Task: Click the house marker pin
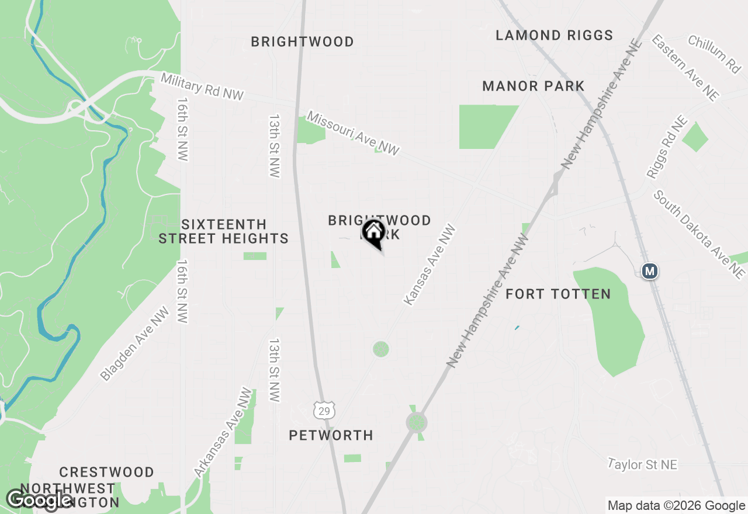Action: pyautogui.click(x=374, y=234)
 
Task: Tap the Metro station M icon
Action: pyautogui.click(x=649, y=271)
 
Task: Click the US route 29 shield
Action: pyautogui.click(x=324, y=410)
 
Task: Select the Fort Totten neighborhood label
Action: pyautogui.click(x=558, y=294)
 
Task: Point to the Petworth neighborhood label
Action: pyautogui.click(x=331, y=435)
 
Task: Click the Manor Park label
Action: pyautogui.click(x=533, y=86)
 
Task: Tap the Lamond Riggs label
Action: pyautogui.click(x=554, y=36)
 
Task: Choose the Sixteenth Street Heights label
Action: pyautogui.click(x=224, y=231)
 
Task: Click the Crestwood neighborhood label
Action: pyautogui.click(x=106, y=472)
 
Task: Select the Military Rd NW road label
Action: pyautogui.click(x=202, y=86)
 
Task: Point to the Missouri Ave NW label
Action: pyautogui.click(x=353, y=134)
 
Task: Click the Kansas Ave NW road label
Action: pyautogui.click(x=430, y=265)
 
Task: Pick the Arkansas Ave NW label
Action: pyautogui.click(x=224, y=433)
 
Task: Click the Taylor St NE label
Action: pyautogui.click(x=642, y=465)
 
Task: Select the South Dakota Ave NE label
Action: pyautogui.click(x=699, y=234)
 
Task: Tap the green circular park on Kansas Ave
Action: pyautogui.click(x=381, y=349)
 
